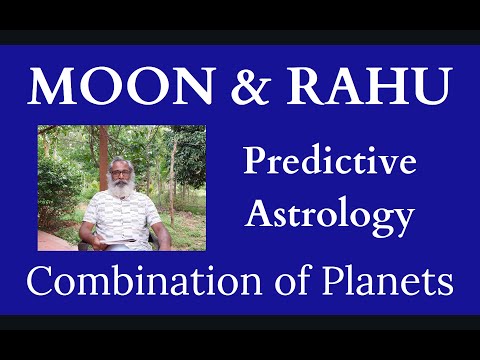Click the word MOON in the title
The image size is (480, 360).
click(x=114, y=87)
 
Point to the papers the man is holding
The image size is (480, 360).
click(x=117, y=241)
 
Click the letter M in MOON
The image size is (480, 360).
click(x=51, y=87)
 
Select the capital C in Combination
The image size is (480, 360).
click(x=41, y=283)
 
